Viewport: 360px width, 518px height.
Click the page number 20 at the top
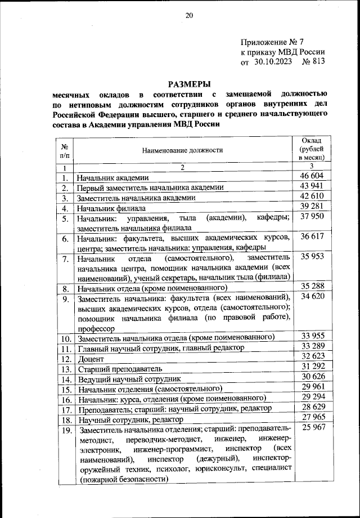(189, 16)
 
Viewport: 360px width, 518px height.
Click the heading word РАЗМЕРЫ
(189, 83)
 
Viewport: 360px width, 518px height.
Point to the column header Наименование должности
(182, 150)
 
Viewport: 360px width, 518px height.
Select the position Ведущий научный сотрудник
(129, 379)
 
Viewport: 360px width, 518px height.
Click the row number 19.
(66, 431)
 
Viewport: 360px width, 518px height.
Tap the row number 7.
(66, 259)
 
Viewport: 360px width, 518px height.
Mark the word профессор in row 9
(97, 328)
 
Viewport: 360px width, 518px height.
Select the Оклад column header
(312, 150)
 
